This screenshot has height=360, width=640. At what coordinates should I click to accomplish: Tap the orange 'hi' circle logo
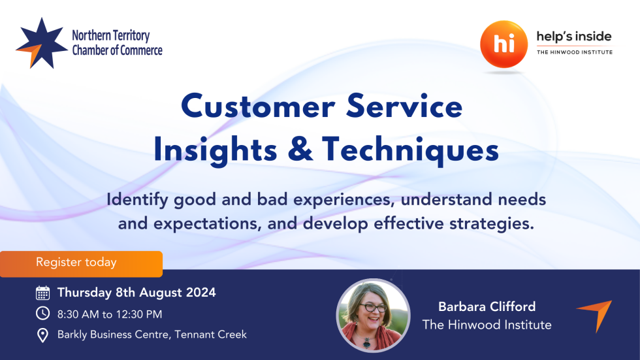[504, 44]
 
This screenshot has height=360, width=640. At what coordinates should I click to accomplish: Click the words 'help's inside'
[574, 37]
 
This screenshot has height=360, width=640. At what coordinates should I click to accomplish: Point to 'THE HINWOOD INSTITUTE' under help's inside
[574, 52]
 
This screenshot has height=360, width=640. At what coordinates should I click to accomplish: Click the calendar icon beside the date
[42, 293]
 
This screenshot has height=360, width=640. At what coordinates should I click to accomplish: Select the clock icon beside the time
[42, 314]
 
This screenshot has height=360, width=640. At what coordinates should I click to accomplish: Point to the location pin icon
[42, 335]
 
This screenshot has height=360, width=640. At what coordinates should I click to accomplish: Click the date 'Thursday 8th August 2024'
[136, 292]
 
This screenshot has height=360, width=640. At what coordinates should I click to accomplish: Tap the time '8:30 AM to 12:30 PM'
[110, 314]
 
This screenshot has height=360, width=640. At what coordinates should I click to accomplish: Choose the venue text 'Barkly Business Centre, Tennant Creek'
[152, 335]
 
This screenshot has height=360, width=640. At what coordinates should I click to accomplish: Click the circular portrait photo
[373, 314]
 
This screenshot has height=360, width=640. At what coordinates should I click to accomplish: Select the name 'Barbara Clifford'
[487, 306]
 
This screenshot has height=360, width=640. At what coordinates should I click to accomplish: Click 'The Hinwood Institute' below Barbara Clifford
[487, 325]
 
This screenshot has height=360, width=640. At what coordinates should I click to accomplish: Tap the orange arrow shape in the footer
[596, 314]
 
